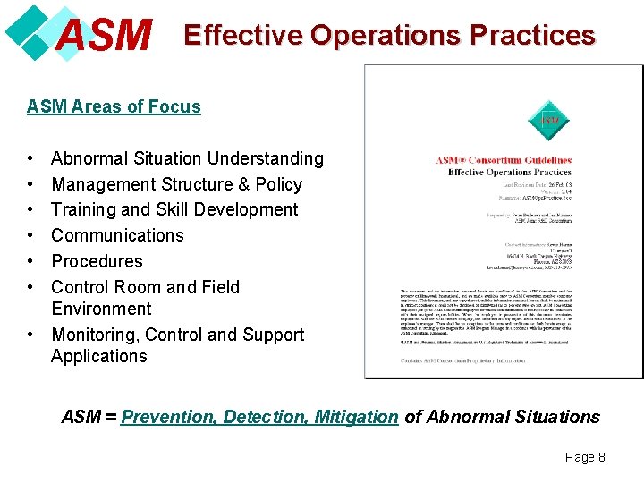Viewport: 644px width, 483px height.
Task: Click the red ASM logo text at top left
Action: (103, 36)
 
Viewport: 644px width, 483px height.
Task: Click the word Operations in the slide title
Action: (386, 35)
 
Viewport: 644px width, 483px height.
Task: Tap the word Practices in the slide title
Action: (532, 35)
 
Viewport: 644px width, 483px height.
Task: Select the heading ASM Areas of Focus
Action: (114, 106)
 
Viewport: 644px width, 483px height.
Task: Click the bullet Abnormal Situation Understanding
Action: (187, 158)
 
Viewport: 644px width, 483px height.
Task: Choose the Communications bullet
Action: (117, 235)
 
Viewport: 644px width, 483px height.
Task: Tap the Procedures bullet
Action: (97, 261)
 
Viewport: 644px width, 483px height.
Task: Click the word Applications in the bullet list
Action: (98, 356)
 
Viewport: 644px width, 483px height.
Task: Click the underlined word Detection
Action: (266, 417)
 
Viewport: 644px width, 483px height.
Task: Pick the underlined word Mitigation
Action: (356, 417)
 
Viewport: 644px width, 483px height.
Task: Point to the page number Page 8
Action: (585, 457)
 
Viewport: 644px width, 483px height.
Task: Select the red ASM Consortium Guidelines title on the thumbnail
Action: (503, 161)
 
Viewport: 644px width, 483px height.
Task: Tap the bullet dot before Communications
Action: (31, 235)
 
